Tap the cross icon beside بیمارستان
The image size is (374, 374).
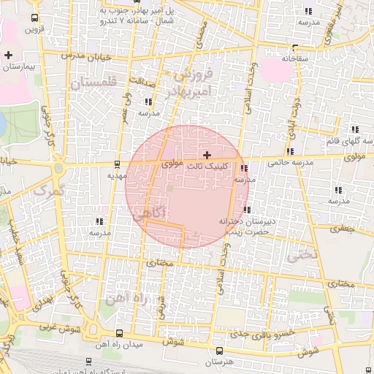tap(8, 55)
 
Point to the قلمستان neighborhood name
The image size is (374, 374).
tap(95, 84)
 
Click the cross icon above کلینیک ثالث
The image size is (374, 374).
tap(208, 154)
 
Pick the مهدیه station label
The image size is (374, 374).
tap(117, 175)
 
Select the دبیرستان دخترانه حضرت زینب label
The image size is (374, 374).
tap(244, 226)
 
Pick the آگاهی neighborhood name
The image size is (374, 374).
tap(151, 214)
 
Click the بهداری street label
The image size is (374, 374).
tap(43, 301)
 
